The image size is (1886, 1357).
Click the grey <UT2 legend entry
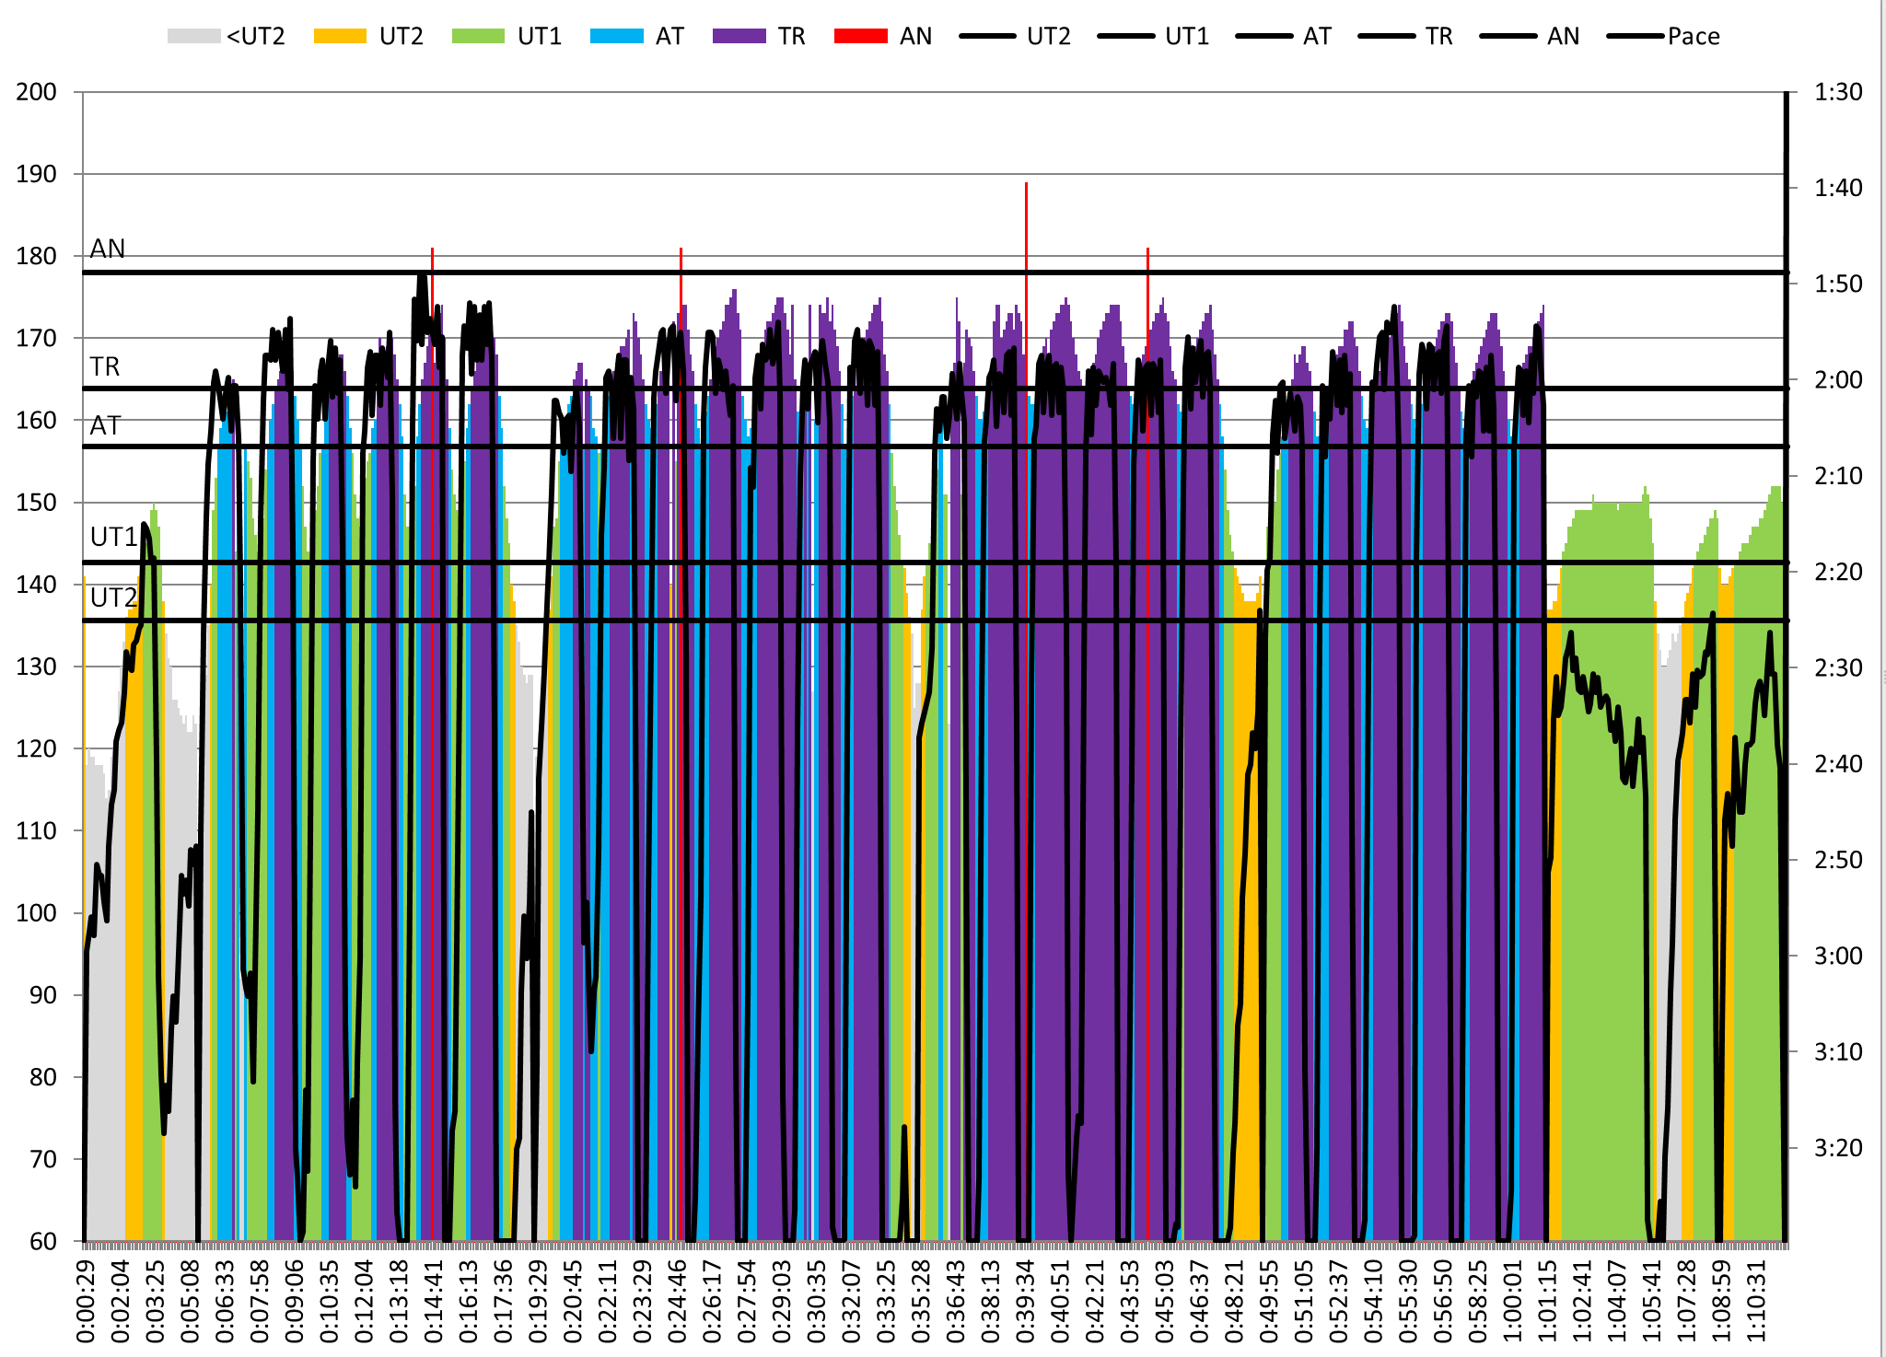(227, 36)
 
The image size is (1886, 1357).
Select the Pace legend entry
(1663, 36)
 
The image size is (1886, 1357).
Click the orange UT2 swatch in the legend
(340, 36)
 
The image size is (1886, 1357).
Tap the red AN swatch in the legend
(860, 36)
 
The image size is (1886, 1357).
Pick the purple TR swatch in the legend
(739, 36)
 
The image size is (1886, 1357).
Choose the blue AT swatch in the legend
(616, 36)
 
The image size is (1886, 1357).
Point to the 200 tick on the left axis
(37, 92)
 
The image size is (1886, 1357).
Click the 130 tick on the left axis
(37, 667)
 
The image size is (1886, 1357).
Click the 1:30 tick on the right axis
(1837, 92)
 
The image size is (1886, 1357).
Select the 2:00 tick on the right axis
(1837, 379)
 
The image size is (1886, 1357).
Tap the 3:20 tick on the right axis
(1837, 1148)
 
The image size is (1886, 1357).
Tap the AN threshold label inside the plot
(108, 249)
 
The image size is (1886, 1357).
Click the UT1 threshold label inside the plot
(113, 537)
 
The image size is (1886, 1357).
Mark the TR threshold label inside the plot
(105, 366)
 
